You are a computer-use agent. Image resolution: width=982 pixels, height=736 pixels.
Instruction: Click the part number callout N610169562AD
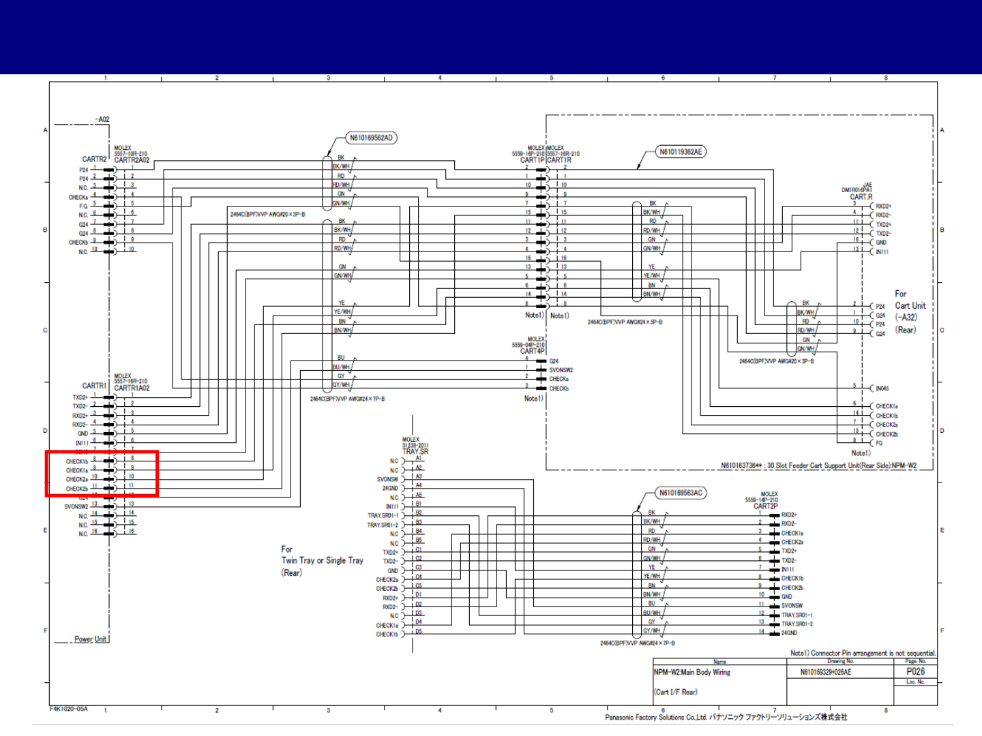371,138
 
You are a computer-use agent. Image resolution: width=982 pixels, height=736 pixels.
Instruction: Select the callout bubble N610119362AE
680,152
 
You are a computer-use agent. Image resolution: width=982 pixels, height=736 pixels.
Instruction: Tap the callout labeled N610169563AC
680,493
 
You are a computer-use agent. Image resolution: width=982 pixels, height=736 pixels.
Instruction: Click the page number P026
915,671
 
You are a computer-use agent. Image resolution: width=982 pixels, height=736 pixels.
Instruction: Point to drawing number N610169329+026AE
826,672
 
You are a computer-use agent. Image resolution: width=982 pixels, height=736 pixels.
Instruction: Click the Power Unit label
91,639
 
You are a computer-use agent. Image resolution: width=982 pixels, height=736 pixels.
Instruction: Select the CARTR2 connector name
95,159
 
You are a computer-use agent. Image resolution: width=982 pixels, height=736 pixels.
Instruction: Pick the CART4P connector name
533,352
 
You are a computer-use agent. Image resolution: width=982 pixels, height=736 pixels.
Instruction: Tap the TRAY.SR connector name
415,451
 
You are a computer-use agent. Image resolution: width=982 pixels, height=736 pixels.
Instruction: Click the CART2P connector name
765,506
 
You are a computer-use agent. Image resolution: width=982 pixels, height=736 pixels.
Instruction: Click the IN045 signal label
882,388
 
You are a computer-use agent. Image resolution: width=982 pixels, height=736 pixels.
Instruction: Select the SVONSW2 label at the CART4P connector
561,370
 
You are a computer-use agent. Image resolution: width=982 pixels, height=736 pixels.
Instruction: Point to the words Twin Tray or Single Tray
323,561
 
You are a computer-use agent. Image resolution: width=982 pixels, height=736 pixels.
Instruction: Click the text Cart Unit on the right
910,306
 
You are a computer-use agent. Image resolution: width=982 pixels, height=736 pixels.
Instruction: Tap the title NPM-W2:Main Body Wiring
692,673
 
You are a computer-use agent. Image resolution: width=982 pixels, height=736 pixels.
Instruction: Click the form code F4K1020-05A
69,709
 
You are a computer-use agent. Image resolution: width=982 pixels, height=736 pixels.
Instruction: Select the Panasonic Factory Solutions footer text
726,717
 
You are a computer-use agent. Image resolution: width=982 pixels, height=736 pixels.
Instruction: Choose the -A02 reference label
102,119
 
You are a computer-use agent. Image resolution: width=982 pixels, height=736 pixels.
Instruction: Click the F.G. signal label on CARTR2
83,206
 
